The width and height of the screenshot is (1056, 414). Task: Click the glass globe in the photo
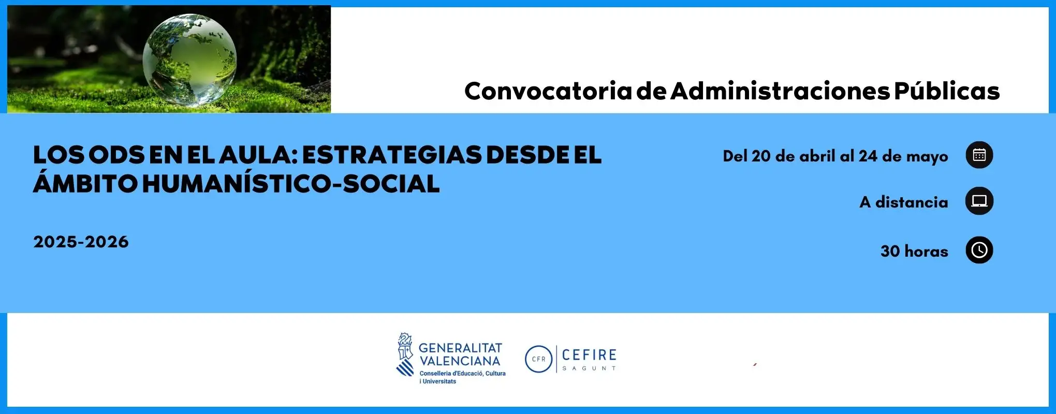coord(189,60)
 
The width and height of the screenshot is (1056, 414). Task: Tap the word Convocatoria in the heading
coord(548,91)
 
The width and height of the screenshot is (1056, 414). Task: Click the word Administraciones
coord(780,91)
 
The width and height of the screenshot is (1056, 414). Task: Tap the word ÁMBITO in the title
coord(85,183)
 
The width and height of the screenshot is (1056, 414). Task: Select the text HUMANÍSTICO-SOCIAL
coord(291,183)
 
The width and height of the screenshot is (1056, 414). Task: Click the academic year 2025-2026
coord(81,242)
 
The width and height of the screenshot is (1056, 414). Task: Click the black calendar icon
coord(979,155)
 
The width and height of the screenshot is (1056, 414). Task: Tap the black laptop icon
coord(979,201)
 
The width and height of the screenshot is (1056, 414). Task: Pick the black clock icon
coord(979,250)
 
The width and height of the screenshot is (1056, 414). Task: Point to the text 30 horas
coord(915,252)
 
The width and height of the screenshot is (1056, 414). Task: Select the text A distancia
coord(904,202)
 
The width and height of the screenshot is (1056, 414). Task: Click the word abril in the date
coord(817,156)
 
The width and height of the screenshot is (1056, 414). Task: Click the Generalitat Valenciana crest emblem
coord(405,354)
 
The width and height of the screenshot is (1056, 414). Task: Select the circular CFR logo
coord(538,359)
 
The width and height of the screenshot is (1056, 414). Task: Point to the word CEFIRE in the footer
coord(589,355)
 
